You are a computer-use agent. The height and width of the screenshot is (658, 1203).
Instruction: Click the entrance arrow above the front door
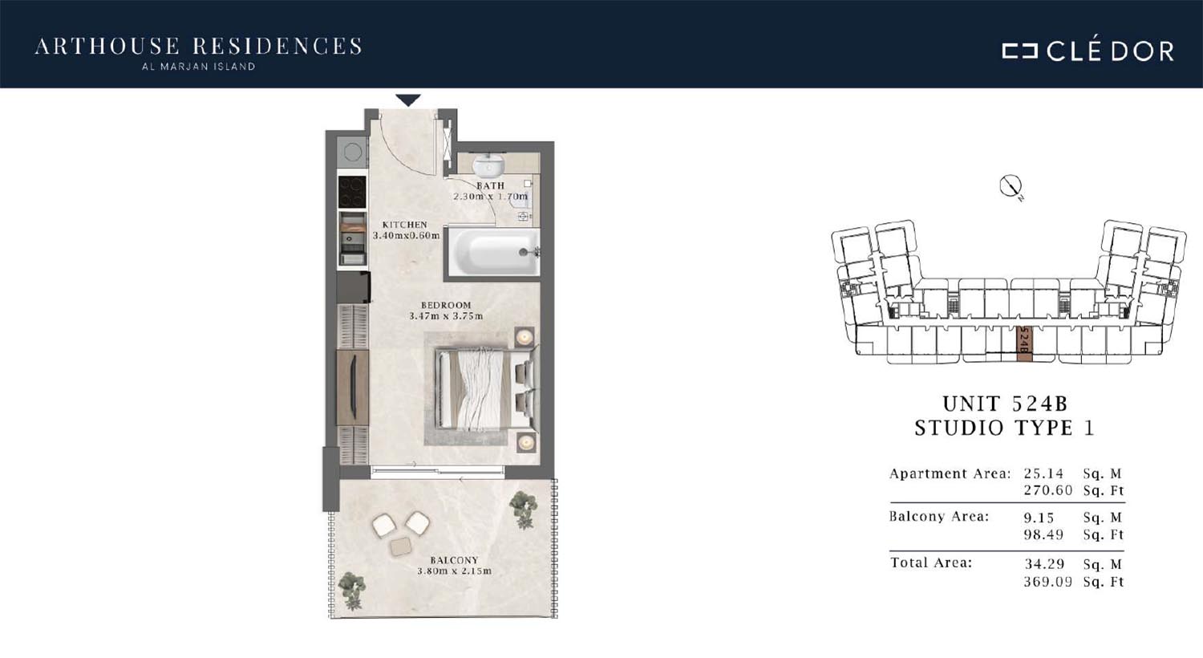point(408,100)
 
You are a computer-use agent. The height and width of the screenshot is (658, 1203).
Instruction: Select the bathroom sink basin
point(488,165)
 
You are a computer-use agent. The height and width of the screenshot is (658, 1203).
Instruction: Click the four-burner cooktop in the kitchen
point(352,192)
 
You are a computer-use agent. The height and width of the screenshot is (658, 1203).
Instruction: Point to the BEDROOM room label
point(446,305)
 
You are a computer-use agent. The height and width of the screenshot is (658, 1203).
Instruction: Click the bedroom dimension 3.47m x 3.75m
point(446,316)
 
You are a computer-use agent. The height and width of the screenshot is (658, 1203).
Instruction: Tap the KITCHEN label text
point(404,225)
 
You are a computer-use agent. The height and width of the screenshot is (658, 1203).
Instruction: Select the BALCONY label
point(454,560)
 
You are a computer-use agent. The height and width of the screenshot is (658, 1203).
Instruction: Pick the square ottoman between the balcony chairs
point(401,546)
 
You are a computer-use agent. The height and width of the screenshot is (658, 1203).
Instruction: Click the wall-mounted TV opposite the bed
point(353,388)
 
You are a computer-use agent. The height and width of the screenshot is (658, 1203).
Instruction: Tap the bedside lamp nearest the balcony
point(525,443)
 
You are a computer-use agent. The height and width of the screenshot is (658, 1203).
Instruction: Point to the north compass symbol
point(1011,187)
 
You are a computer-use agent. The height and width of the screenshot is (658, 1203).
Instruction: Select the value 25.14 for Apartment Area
point(1043,473)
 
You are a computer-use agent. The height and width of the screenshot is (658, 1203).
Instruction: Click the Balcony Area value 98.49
point(1043,535)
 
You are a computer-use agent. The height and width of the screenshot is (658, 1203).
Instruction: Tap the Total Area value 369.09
point(1047,582)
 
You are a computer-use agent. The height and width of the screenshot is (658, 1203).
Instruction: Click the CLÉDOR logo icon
point(1019,51)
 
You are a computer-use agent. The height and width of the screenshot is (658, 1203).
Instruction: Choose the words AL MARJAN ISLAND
point(198,67)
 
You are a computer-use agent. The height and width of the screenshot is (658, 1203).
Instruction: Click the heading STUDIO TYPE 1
point(1004,429)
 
